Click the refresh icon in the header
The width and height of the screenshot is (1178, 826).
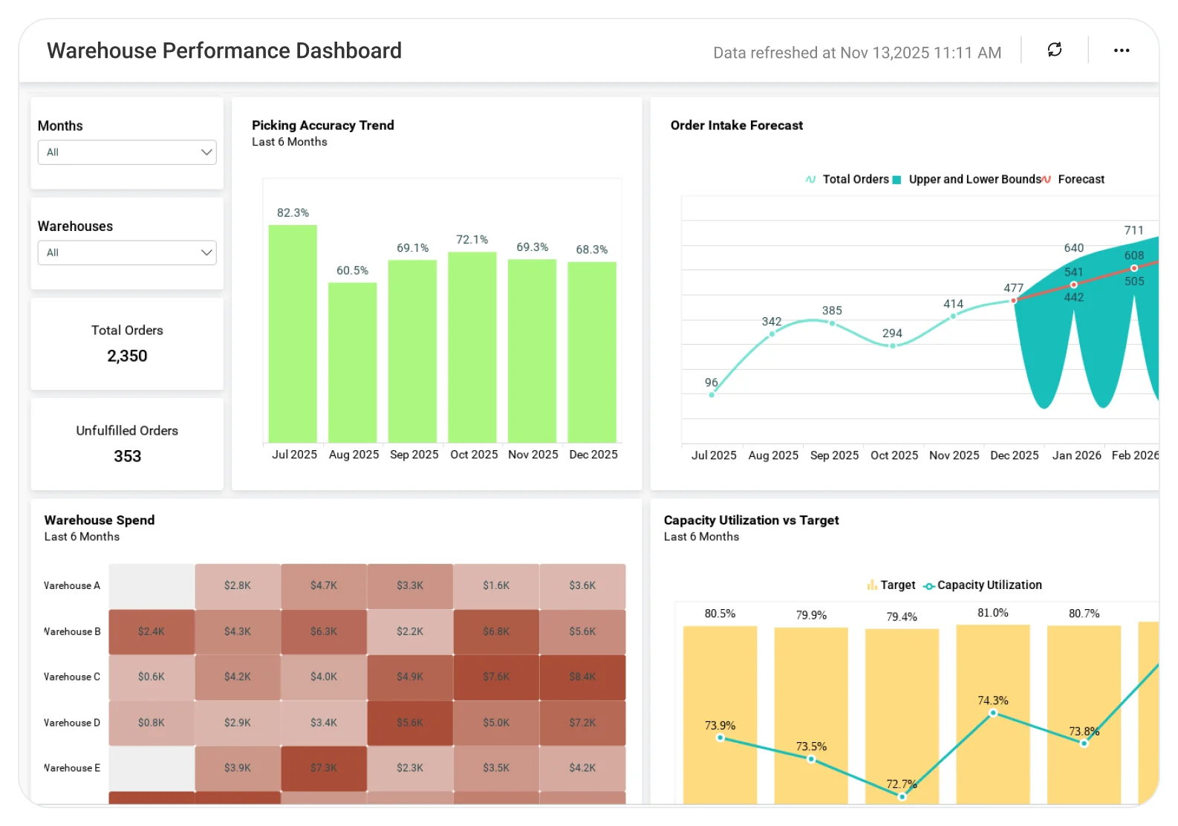[x=1054, y=50]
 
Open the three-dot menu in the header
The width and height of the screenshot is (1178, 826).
[x=1121, y=51]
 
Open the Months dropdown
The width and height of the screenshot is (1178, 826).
[x=127, y=152]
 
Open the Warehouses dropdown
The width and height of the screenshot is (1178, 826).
[x=127, y=253]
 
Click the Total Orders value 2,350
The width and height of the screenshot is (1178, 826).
[x=127, y=356]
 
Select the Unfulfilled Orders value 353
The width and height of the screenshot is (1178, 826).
[x=127, y=456]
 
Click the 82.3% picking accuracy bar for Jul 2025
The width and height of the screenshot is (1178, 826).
[x=293, y=334]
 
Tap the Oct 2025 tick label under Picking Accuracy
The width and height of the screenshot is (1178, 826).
[x=474, y=455]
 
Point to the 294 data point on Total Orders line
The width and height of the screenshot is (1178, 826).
[x=893, y=345]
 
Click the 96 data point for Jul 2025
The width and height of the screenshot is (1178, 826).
[x=712, y=394]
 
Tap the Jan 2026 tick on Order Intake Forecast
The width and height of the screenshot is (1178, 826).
[x=1076, y=455]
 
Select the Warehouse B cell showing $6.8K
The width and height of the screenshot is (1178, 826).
[x=496, y=631]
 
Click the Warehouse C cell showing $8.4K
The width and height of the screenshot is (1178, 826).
[x=582, y=677]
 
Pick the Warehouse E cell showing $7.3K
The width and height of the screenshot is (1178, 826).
[x=324, y=768]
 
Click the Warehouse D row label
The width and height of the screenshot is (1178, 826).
[x=71, y=723]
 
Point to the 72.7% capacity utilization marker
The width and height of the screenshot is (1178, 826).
[x=902, y=796]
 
